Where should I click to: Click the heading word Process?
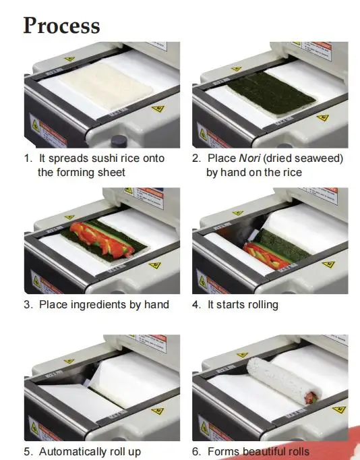[x=61, y=26]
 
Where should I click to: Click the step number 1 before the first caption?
[x=27, y=159]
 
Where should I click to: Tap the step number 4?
[x=196, y=304]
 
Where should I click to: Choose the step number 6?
[x=196, y=451]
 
